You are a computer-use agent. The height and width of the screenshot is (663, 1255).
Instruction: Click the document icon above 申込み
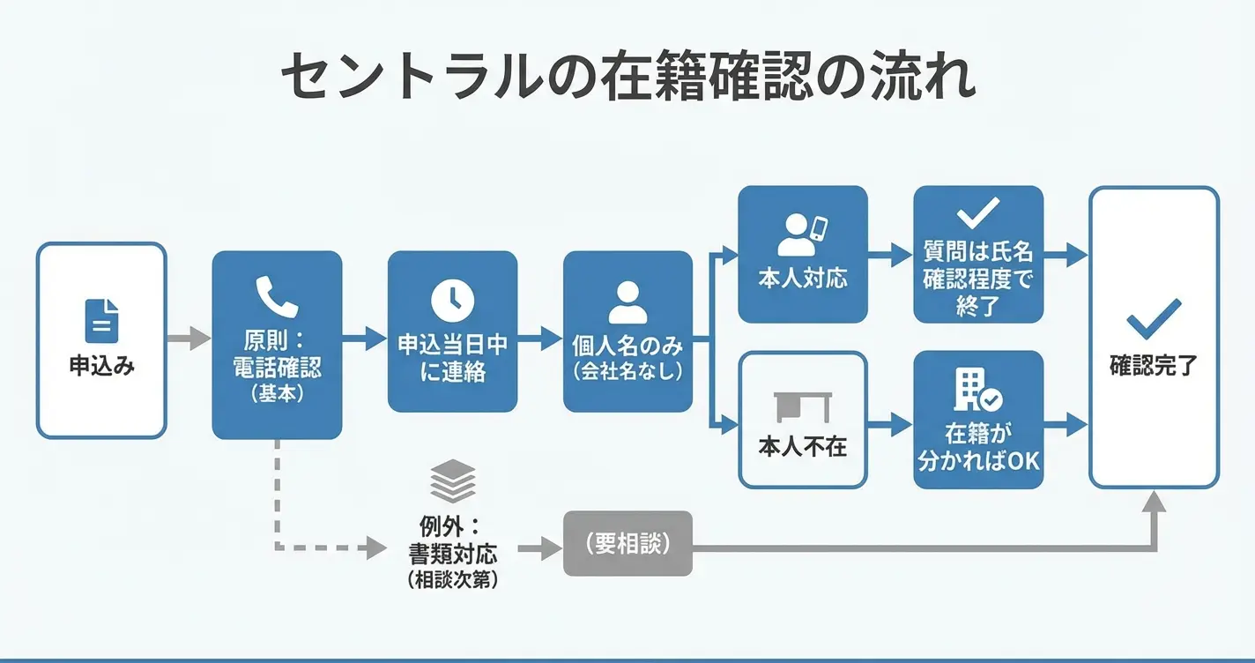pyautogui.click(x=101, y=320)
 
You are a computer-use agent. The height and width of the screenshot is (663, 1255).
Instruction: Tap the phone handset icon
pyautogui.click(x=277, y=296)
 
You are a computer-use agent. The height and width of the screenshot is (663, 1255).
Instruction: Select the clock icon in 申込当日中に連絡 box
pyautogui.click(x=452, y=300)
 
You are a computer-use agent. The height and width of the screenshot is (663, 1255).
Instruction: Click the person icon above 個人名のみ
pyautogui.click(x=627, y=302)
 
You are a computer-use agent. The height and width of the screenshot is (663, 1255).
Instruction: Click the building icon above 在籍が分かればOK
pyautogui.click(x=977, y=391)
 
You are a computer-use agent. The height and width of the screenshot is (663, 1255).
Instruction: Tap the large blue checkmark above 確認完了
pyautogui.click(x=1154, y=318)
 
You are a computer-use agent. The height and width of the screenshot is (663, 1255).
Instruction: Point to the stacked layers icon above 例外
pyautogui.click(x=453, y=481)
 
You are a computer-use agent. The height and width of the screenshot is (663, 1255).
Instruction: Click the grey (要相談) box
pyautogui.click(x=627, y=544)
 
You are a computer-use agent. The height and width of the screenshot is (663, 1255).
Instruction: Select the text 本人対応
pyautogui.click(x=802, y=279)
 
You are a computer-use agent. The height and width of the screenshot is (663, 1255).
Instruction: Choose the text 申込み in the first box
pyautogui.click(x=101, y=366)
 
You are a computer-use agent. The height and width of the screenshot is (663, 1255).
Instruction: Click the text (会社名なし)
pyautogui.click(x=627, y=371)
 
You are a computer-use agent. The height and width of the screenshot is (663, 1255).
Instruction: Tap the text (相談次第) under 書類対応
pyautogui.click(x=453, y=581)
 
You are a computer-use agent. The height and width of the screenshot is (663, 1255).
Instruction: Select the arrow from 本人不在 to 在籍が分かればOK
pyautogui.click(x=890, y=424)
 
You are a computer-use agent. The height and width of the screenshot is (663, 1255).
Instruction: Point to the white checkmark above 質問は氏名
pyautogui.click(x=978, y=212)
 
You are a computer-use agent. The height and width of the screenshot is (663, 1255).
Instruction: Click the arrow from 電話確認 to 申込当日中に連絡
pyautogui.click(x=364, y=338)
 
